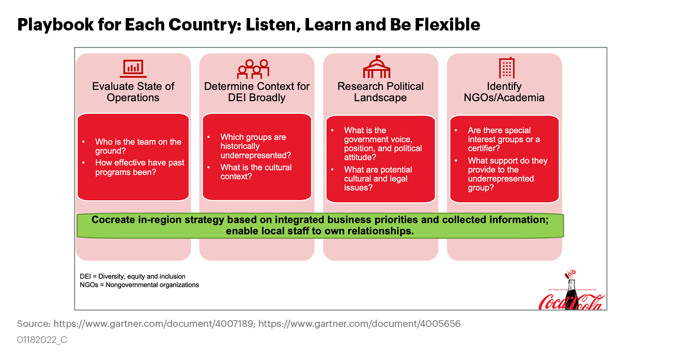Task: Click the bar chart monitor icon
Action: tap(133, 68)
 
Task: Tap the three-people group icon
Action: tap(253, 69)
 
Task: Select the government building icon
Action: tap(377, 67)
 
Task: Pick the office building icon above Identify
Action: tap(506, 68)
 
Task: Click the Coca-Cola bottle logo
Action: tap(571, 292)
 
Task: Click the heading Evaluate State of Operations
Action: tap(133, 92)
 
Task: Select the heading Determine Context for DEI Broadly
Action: tap(257, 92)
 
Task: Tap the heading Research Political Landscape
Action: tap(380, 92)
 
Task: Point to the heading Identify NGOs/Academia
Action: tap(504, 92)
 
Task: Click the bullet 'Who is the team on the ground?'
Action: tap(138, 146)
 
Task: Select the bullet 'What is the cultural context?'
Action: tap(255, 171)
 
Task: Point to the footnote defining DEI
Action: tap(133, 276)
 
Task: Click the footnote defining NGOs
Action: tap(140, 285)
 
